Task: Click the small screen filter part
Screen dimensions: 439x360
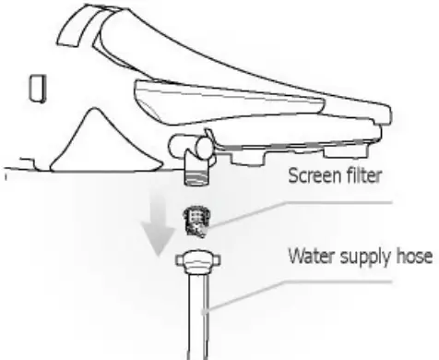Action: tap(196, 219)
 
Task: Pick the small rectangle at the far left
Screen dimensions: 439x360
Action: tap(38, 88)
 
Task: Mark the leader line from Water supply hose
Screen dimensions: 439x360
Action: tap(249, 287)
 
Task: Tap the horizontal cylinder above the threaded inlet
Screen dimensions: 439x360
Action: tap(189, 144)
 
